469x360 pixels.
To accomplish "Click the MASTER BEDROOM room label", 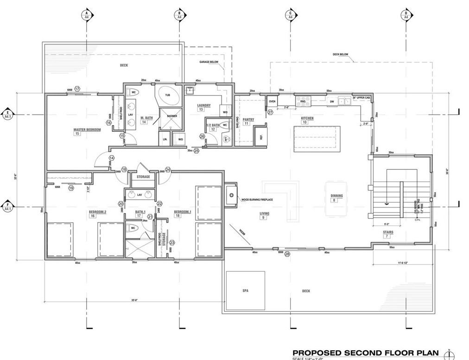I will [x=87, y=129].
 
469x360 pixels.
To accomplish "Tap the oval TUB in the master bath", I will [x=167, y=96].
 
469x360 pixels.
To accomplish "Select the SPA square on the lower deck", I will [x=245, y=290].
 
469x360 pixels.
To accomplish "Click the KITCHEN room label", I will [x=307, y=118].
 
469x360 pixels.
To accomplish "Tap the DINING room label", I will [x=336, y=196].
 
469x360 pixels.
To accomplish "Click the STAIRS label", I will [x=388, y=231].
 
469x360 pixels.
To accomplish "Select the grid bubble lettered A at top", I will [x=86, y=14].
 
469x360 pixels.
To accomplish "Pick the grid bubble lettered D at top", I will [x=406, y=14].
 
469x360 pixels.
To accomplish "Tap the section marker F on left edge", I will [x=8, y=206].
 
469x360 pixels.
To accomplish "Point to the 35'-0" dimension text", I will [x=135, y=301].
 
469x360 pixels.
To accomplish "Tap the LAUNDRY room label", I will [x=204, y=105].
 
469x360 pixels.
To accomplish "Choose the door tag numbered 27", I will [x=270, y=112].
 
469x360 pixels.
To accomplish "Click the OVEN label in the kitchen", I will [x=272, y=101].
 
